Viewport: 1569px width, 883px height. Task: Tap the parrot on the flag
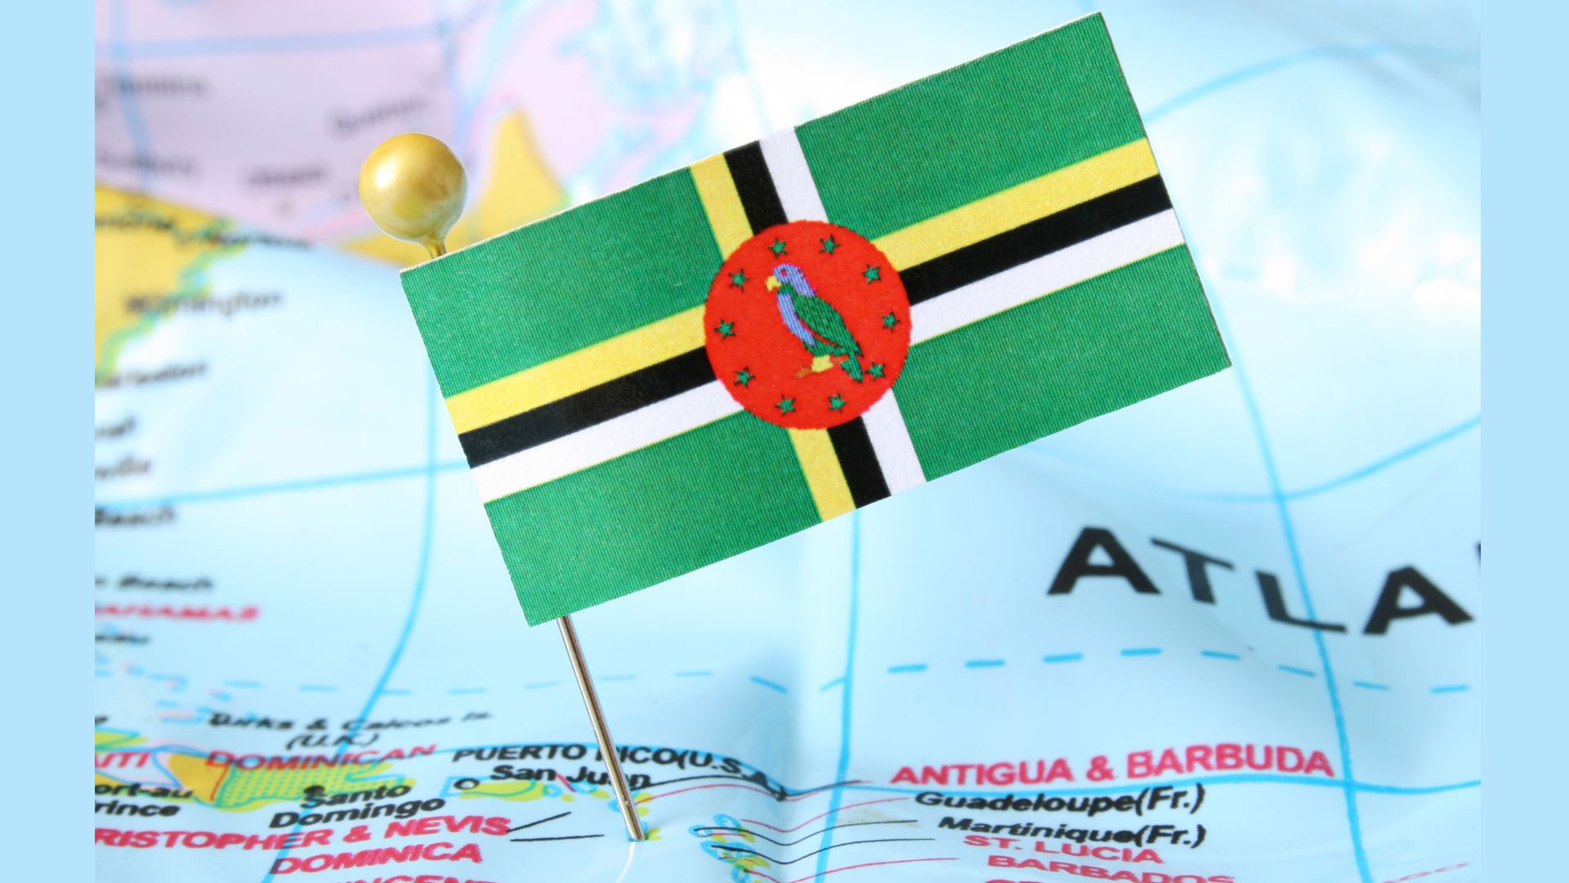[x=812, y=324]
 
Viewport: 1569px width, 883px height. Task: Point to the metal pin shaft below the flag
[x=597, y=719]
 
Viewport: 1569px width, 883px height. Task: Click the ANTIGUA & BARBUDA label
[x=1111, y=766]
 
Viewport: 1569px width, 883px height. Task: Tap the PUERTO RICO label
[x=564, y=753]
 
